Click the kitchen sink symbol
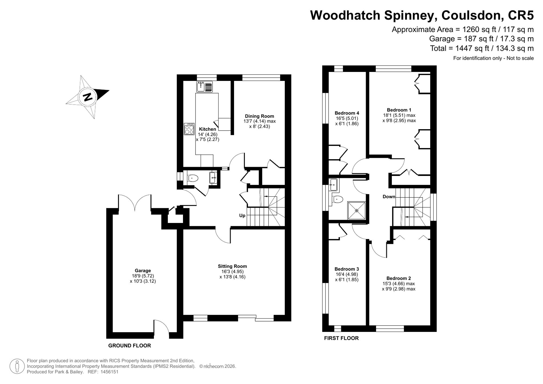[205, 87]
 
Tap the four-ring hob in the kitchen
[189, 129]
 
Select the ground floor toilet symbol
[193, 178]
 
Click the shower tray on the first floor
[356, 210]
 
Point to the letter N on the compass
[88, 97]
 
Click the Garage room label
[143, 270]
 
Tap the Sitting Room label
[232, 266]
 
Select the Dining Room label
[260, 116]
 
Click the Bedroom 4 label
[347, 113]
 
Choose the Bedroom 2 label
[399, 278]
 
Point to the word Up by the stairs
[242, 216]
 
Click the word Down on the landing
[389, 197]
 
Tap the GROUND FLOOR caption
[130, 346]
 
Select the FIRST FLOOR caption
[341, 338]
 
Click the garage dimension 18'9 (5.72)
[143, 276]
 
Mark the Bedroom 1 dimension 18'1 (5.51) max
[399, 115]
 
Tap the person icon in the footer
[17, 366]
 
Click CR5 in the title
[520, 15]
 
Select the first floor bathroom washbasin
[333, 185]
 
